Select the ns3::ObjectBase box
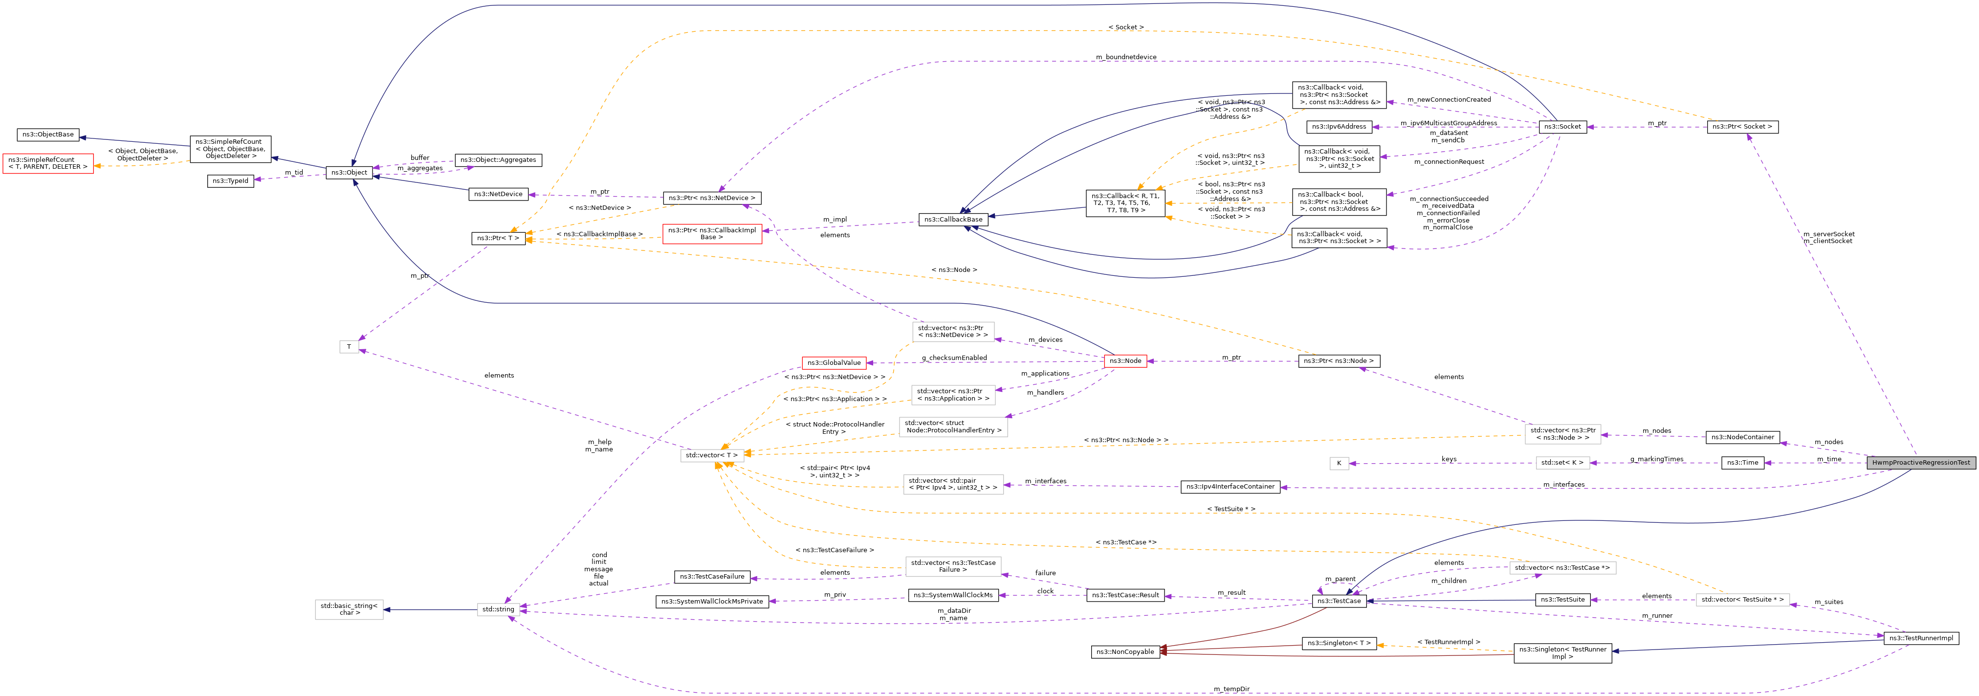tap(47, 135)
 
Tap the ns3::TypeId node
tap(230, 181)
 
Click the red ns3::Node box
tap(1125, 361)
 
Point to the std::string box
tap(498, 609)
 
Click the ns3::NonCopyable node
tap(1125, 651)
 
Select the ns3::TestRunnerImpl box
tap(1921, 638)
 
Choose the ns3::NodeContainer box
tap(1742, 437)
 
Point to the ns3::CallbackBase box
tap(953, 220)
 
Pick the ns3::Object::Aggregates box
tap(498, 160)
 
